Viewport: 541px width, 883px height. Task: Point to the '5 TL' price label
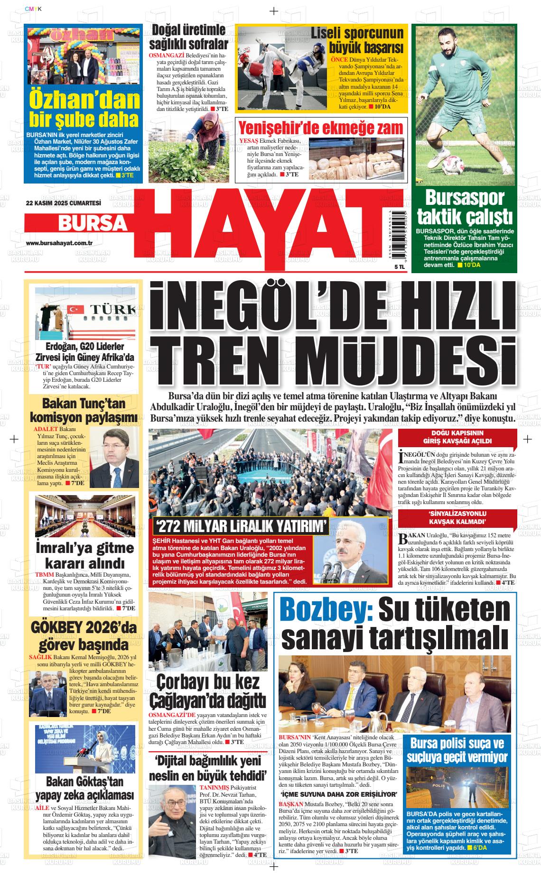(x=386, y=267)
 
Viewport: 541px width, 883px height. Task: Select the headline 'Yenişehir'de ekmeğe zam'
(x=321, y=128)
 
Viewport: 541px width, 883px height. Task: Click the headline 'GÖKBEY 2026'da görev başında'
(x=84, y=636)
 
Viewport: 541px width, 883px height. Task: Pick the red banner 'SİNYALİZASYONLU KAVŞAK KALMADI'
(x=457, y=518)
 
